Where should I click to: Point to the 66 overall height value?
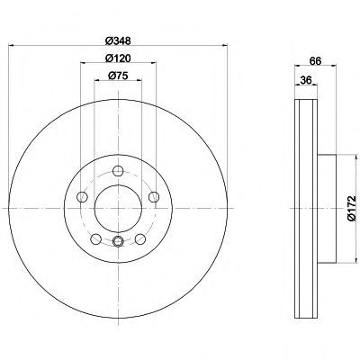pyautogui.click(x=316, y=61)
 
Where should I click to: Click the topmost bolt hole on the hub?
pyautogui.click(x=118, y=173)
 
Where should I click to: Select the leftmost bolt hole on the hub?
pyautogui.click(x=83, y=197)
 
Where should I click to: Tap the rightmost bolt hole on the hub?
pyautogui.click(x=153, y=197)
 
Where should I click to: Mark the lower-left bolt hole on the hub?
pyautogui.click(x=96, y=238)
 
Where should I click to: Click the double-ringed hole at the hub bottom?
pyautogui.click(x=118, y=240)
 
